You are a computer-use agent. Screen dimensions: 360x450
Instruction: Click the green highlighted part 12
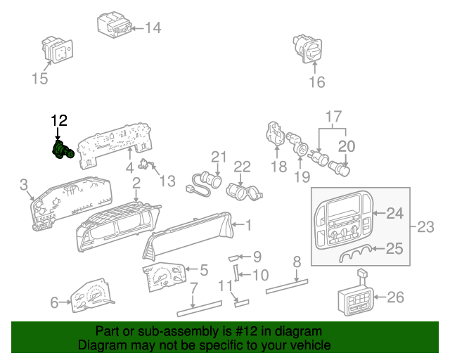point(63,150)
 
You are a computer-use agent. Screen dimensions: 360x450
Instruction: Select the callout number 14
point(153,28)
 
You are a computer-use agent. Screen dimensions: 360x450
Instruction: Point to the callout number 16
point(316,82)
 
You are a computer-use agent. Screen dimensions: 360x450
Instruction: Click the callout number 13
point(167,182)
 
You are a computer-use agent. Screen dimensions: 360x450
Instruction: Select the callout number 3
point(24,185)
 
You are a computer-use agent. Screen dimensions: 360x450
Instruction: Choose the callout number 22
point(242,167)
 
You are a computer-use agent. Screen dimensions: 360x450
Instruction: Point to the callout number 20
point(347,146)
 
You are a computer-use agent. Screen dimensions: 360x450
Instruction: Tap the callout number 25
point(395,248)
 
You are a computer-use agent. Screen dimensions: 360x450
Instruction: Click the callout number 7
point(193,287)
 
